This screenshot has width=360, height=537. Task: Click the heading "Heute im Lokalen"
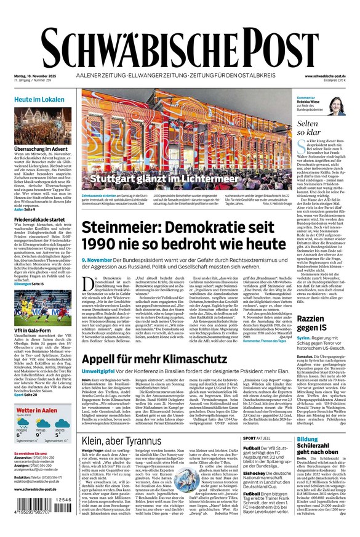tap(39, 99)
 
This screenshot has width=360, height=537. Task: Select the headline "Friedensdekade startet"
tap(39, 219)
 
